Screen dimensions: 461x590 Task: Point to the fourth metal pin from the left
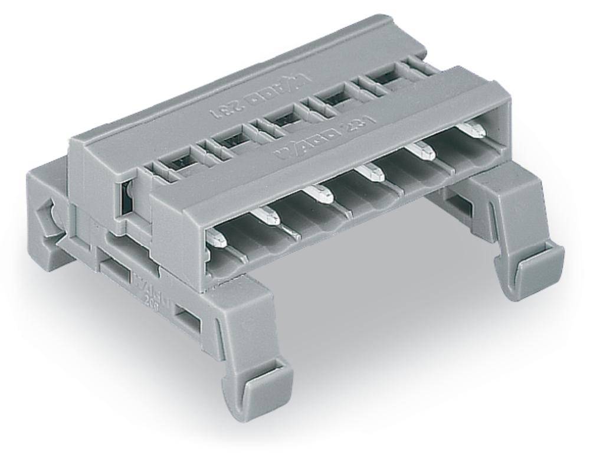372,174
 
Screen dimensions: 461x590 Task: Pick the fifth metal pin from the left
424,151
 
